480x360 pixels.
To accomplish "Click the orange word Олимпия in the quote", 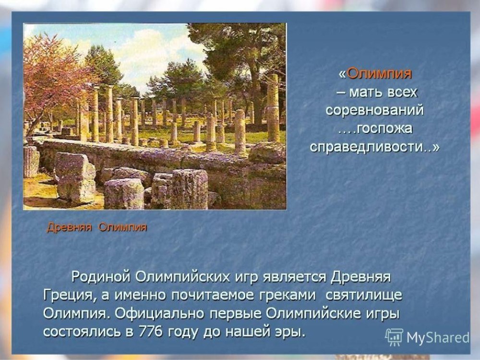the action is click(380, 73).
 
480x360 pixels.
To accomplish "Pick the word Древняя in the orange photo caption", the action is click(69, 227).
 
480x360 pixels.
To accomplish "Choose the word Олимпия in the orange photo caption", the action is click(123, 227).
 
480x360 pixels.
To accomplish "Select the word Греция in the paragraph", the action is click(68, 296).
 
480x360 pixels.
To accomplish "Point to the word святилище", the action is click(364, 296).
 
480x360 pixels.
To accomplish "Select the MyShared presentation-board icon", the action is click(394, 337).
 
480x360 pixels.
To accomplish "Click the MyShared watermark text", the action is click(438, 337).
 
